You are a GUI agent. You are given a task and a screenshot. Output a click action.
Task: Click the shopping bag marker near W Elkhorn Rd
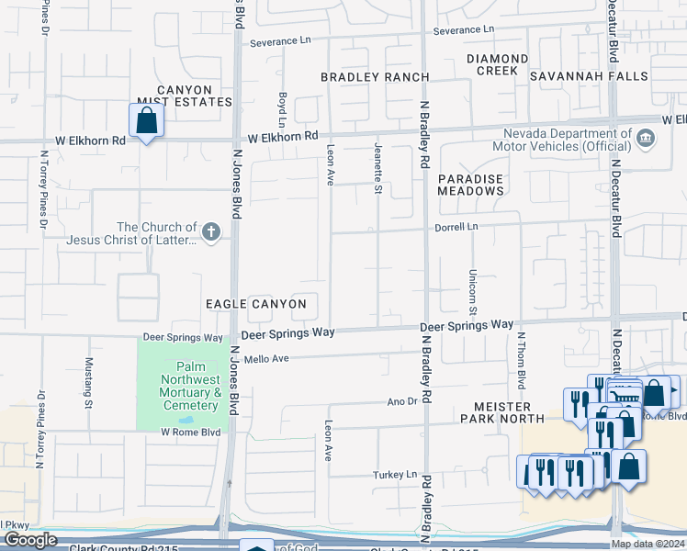[x=146, y=120]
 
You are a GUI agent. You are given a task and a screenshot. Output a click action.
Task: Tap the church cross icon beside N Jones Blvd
[x=211, y=231]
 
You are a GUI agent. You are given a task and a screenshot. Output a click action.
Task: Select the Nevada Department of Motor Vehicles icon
[x=646, y=139]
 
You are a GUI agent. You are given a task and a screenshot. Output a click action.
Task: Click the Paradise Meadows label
[x=470, y=184]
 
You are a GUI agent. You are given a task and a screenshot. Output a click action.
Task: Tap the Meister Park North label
[x=502, y=412]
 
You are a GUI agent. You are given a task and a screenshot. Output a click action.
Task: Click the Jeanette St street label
[x=377, y=169]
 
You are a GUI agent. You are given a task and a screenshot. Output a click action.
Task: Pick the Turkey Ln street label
[x=399, y=475]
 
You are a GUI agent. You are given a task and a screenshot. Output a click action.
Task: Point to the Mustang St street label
[x=89, y=382]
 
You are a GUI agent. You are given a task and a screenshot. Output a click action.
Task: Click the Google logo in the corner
[x=30, y=539]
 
